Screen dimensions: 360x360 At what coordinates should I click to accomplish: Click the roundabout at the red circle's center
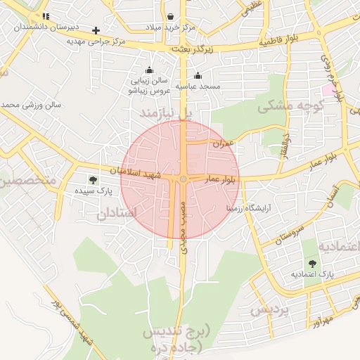pos(183,180)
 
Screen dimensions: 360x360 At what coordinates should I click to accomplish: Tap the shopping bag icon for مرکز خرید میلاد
pos(171,16)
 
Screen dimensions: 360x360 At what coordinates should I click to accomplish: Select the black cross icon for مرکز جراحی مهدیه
pos(96,30)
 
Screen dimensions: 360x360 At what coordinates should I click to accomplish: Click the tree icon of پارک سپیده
pos(94,180)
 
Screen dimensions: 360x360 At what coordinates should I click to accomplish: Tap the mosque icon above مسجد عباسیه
pos(198,76)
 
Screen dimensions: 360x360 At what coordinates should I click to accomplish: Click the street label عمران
pos(225,143)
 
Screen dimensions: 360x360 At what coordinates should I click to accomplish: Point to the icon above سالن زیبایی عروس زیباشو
pos(148,70)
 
